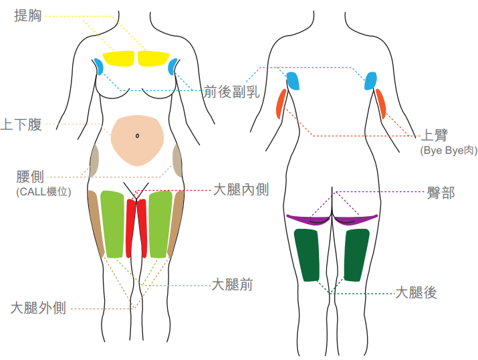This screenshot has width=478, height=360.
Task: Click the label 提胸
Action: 27,15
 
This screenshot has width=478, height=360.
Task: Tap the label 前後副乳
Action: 231,92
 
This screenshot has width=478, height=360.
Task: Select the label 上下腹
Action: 21,124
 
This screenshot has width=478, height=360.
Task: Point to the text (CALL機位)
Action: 43,191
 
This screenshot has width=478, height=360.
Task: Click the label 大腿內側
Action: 241,189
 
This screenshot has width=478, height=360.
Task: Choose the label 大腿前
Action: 232,284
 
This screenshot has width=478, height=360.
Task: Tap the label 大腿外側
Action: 38,308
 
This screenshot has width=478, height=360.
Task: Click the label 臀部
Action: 441,193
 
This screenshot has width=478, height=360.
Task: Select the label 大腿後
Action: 416,292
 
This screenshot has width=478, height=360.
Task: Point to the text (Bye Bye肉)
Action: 449,151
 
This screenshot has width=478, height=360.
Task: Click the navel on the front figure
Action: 137,135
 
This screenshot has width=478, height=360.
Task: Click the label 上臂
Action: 434,135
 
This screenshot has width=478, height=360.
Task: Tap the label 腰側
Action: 30,177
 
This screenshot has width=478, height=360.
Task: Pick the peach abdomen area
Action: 137,141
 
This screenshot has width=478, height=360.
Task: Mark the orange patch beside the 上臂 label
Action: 380,104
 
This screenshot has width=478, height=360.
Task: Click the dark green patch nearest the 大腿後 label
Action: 356,255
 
